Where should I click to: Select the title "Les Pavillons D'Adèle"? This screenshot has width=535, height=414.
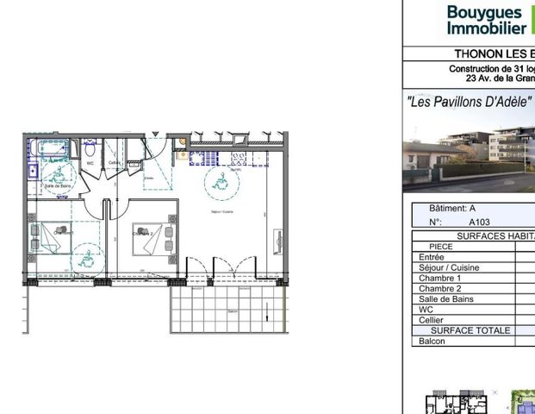pos(469,100)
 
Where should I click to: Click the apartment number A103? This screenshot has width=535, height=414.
pos(479,222)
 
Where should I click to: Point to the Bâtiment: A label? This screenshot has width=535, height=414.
pos(451,209)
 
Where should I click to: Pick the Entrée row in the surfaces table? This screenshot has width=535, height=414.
pos(432,257)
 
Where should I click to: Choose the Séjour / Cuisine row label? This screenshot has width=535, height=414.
pos(449,267)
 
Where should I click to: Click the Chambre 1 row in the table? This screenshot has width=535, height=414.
pos(439,279)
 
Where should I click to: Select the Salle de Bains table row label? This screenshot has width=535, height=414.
pos(445,299)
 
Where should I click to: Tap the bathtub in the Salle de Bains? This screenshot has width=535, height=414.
pos(47,149)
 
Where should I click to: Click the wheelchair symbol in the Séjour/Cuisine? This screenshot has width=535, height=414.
pos(218,180)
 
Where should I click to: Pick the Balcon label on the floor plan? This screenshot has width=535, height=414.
pos(232,311)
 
